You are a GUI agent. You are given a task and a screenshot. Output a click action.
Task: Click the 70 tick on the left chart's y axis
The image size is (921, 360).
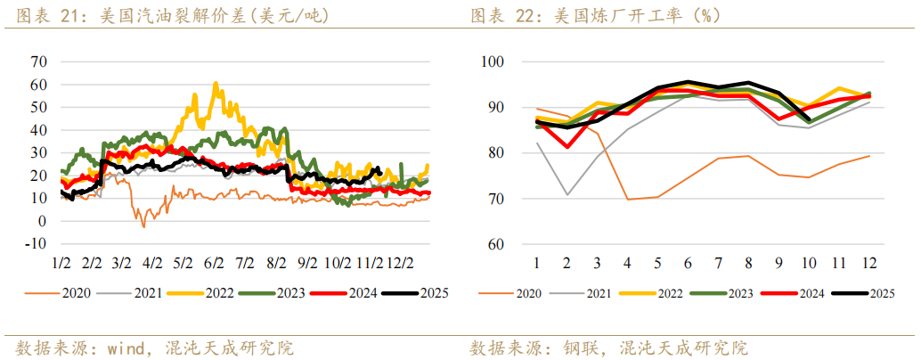coord(37,61)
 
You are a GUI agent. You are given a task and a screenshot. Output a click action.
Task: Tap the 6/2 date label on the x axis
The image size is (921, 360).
coord(213,264)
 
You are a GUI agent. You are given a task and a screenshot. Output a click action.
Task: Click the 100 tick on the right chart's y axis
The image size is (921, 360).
coord(493,61)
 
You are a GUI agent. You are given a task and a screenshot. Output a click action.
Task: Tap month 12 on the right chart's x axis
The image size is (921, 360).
coord(868,264)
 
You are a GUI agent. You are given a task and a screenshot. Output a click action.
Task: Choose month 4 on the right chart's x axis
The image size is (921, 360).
coord(628,264)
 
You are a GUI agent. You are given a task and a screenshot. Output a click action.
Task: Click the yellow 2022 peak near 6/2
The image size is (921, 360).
coord(216,84)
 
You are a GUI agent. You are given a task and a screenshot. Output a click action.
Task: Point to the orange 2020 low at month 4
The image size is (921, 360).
coord(628,199)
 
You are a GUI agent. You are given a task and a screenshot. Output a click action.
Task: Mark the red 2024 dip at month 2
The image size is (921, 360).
coord(567,146)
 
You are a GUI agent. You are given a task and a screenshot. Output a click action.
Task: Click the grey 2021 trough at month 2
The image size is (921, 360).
coord(567,194)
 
